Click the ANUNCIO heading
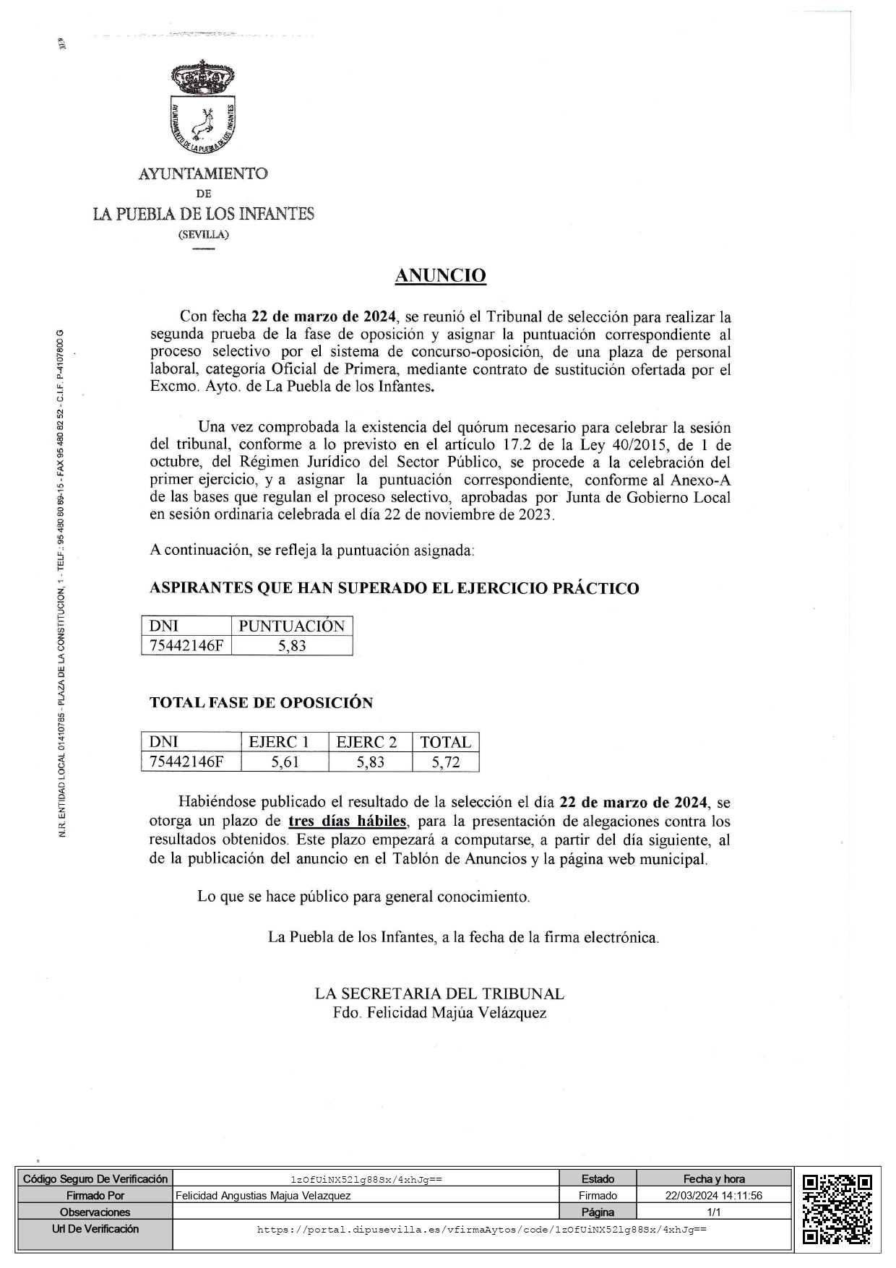(x=440, y=275)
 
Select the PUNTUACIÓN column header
(x=292, y=626)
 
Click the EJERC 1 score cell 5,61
(x=285, y=762)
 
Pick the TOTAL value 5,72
(x=445, y=762)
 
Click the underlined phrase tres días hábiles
(x=348, y=821)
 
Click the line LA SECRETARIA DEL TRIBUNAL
(x=439, y=993)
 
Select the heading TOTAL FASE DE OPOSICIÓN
(x=261, y=702)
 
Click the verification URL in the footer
(x=481, y=1229)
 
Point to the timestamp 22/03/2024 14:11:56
(x=713, y=1196)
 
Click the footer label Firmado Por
(x=95, y=1196)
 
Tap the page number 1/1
(x=713, y=1212)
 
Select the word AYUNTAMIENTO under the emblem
(x=203, y=173)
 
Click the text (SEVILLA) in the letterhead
(x=203, y=235)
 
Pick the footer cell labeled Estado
(x=598, y=1179)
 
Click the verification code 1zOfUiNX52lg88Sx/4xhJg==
(x=366, y=1179)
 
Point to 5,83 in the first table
(x=292, y=645)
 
